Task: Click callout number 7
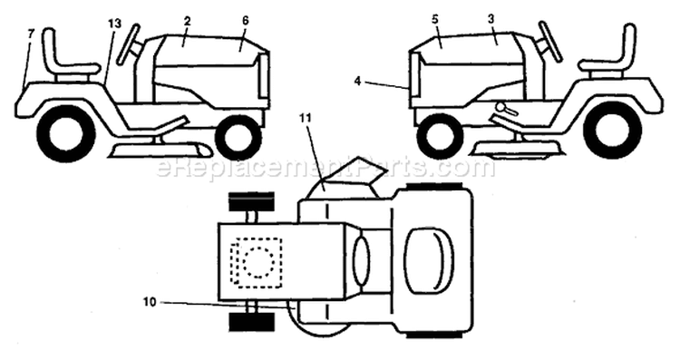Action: click(30, 34)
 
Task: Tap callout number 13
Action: click(115, 24)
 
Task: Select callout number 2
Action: click(187, 21)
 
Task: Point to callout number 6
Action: click(245, 21)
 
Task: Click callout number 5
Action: click(435, 20)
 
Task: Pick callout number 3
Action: click(491, 20)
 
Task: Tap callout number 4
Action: click(357, 81)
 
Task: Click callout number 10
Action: click(150, 302)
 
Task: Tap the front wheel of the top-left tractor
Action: click(238, 137)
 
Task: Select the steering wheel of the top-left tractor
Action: click(130, 44)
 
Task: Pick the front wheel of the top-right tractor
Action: click(438, 136)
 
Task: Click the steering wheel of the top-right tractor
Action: click(550, 42)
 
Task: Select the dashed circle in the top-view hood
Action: click(259, 261)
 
